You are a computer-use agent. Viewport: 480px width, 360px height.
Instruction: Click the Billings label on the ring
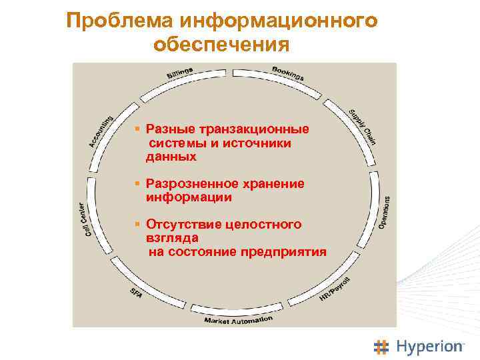coord(179,72)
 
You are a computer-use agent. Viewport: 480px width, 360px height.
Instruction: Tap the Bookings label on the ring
coord(288,73)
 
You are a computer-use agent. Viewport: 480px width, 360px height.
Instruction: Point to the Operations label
coord(385,211)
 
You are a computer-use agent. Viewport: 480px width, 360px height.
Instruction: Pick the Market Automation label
coord(238,319)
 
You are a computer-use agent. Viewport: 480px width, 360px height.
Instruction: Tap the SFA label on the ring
coord(136,293)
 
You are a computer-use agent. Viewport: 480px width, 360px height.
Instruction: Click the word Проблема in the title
coord(118,21)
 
